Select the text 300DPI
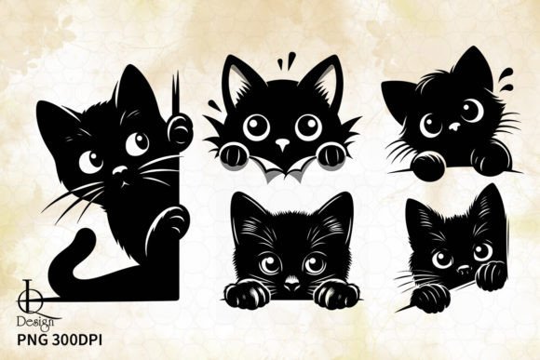[x=77, y=340]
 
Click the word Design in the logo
[x=35, y=323]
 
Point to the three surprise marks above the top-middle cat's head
[x=287, y=60]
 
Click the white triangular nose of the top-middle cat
[x=283, y=144]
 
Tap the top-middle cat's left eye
[x=256, y=127]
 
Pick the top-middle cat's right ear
[x=321, y=80]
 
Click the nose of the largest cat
[x=120, y=170]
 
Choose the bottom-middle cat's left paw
[x=247, y=295]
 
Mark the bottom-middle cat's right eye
[x=314, y=264]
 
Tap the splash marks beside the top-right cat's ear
[x=506, y=76]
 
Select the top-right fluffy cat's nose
[x=454, y=127]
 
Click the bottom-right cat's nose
[x=464, y=269]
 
